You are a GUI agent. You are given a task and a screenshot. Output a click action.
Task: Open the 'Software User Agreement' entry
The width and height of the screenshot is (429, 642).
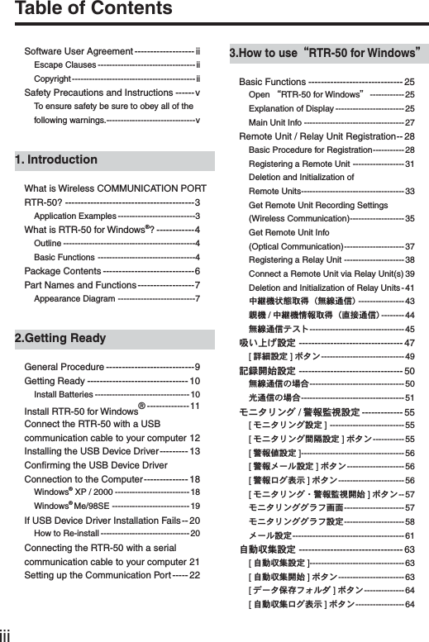click(x=79, y=51)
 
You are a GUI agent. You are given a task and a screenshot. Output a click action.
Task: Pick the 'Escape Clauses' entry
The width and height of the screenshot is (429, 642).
click(x=65, y=65)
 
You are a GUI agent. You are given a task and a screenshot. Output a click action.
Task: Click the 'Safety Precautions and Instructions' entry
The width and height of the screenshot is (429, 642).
click(x=98, y=93)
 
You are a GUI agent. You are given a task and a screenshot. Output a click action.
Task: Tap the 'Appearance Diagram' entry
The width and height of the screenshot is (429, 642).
click(x=74, y=298)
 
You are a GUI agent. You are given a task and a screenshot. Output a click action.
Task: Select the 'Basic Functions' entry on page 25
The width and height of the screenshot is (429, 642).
click(x=272, y=82)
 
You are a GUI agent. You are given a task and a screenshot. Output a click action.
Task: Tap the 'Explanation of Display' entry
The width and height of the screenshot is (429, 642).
click(x=290, y=108)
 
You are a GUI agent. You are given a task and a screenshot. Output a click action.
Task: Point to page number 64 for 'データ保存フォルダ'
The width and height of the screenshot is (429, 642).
click(x=410, y=590)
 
